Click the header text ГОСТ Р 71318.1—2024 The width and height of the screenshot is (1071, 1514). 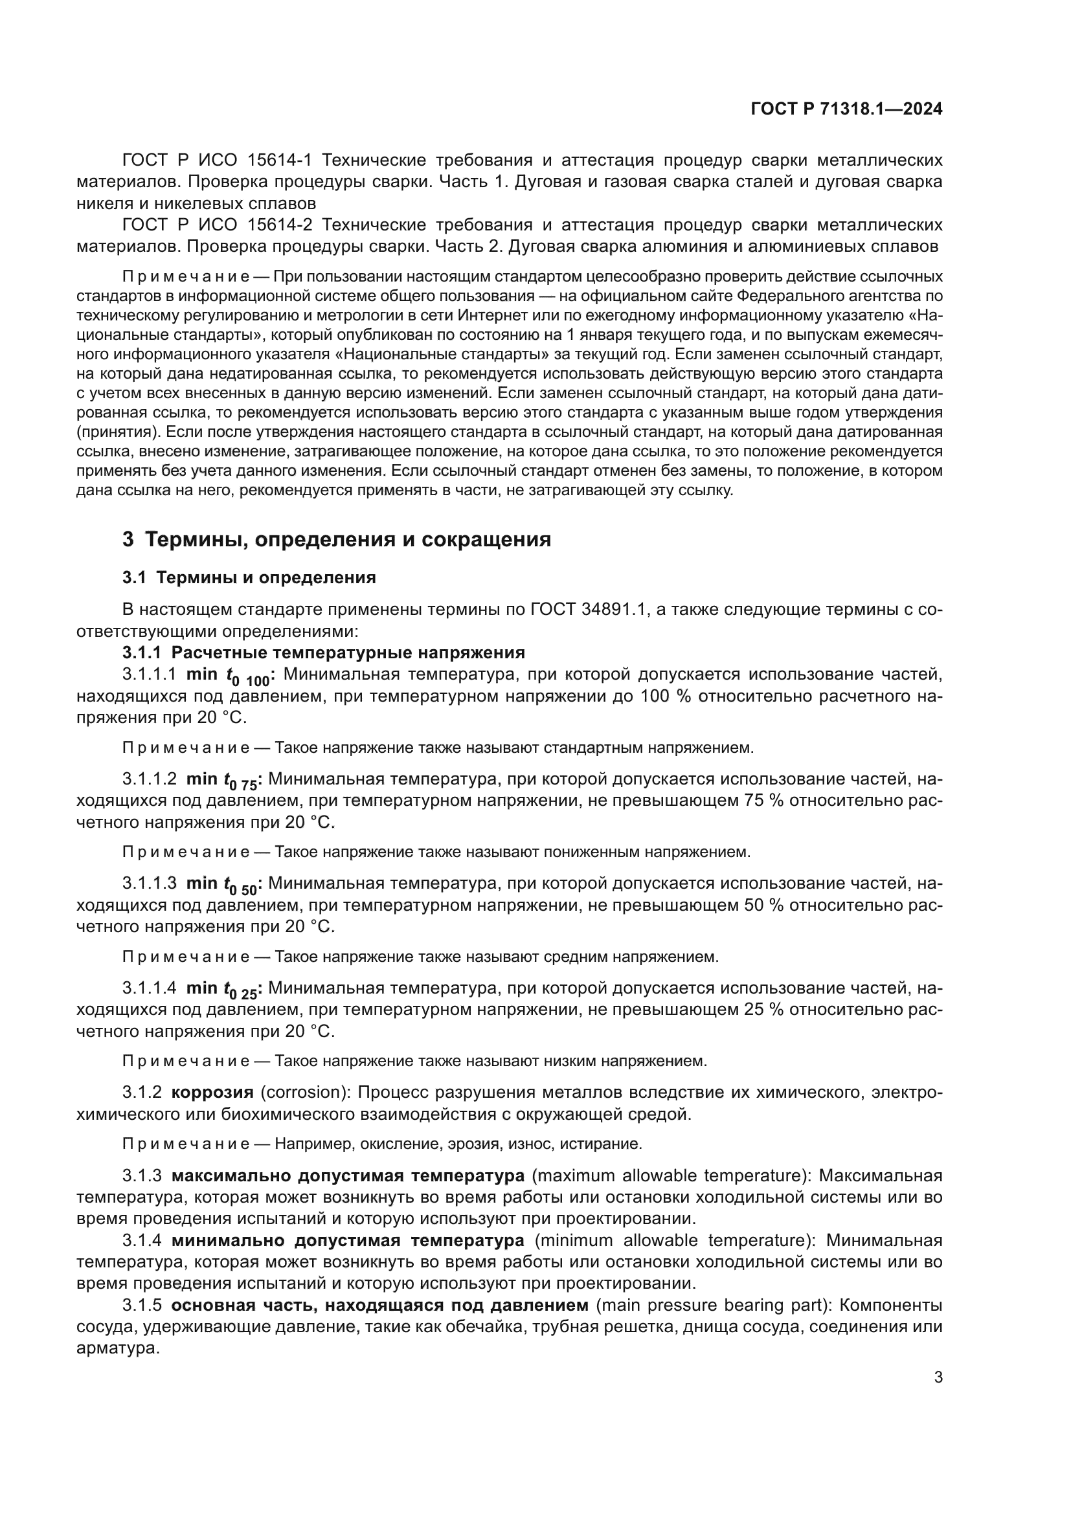pos(846,109)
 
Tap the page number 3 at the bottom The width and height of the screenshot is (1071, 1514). pos(938,1377)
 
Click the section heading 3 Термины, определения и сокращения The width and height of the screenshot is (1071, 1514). pos(336,539)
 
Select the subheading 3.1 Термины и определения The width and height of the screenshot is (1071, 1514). pos(249,577)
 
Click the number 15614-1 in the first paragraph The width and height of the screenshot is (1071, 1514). pos(279,161)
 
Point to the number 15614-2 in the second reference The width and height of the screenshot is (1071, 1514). pos(279,225)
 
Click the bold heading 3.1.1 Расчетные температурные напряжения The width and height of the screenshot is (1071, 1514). pos(323,653)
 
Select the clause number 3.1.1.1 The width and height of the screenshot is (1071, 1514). pos(149,674)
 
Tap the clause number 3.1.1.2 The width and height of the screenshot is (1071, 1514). pos(149,779)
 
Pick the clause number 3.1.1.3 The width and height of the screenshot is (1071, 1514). pos(149,883)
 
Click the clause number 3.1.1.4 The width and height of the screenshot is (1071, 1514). pos(149,988)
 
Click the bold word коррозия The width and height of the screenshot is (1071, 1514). pos(212,1092)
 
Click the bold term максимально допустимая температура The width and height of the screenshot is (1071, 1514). pos(348,1175)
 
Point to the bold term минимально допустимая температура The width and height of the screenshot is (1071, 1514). pos(348,1240)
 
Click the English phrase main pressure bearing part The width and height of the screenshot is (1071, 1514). pos(714,1305)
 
